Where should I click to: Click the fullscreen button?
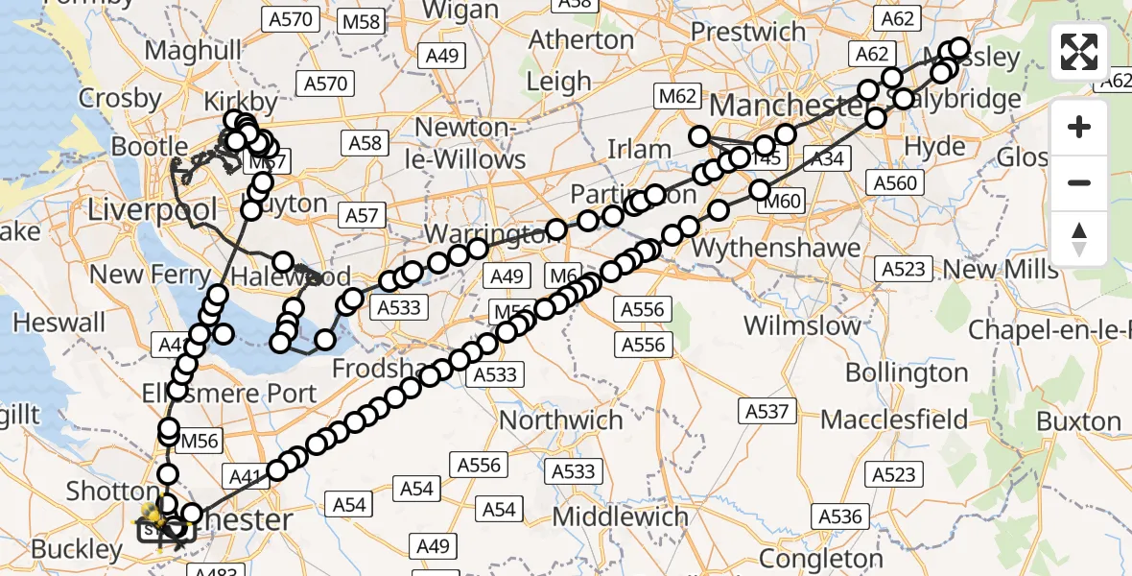[x=1079, y=52]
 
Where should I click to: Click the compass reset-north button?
[x=1079, y=238]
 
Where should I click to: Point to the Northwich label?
[x=561, y=420]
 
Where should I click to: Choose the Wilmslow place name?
[x=803, y=325]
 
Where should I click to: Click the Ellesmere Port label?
[x=228, y=393]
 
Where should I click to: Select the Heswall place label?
[x=59, y=322]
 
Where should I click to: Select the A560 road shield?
[x=895, y=182]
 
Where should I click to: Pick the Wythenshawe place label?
[x=776, y=249]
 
